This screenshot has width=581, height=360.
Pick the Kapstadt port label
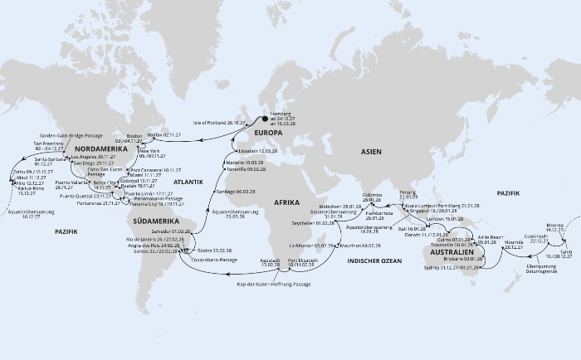pos(271,260)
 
